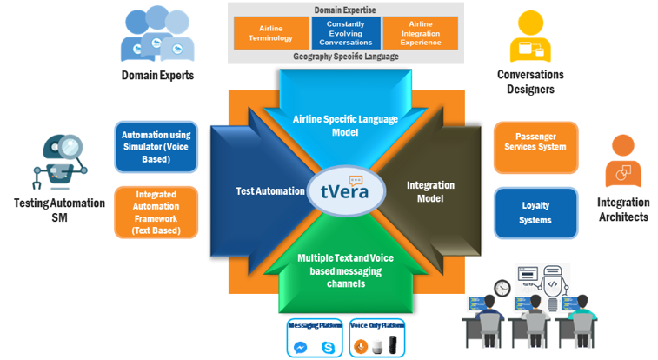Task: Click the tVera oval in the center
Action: pos(345,190)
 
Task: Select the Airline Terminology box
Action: pos(265,32)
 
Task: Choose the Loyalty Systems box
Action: pos(535,213)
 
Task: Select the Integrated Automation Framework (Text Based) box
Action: pos(156,213)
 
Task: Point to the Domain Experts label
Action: pos(157,76)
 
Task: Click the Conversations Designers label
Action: pos(530,81)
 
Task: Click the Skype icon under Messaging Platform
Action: pos(328,347)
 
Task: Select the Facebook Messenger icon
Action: pos(299,347)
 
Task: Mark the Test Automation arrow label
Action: pos(270,190)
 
